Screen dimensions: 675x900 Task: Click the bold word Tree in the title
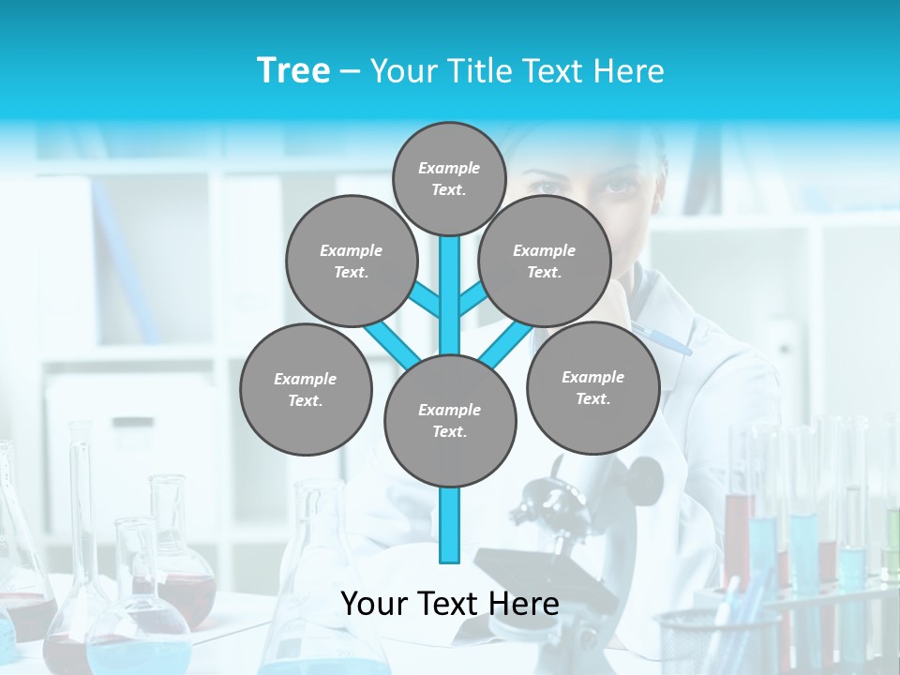(293, 70)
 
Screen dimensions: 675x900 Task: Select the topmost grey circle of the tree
(449, 178)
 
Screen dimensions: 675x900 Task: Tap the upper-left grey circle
(351, 261)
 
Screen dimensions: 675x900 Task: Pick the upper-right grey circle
(545, 261)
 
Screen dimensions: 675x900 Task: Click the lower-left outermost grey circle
(306, 389)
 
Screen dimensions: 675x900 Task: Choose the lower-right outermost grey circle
(592, 387)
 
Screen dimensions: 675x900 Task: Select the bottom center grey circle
(450, 420)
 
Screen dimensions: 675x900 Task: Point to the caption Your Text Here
(449, 603)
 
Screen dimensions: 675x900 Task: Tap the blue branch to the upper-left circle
(426, 300)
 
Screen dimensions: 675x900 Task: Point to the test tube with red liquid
(739, 534)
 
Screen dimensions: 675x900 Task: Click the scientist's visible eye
(616, 185)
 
